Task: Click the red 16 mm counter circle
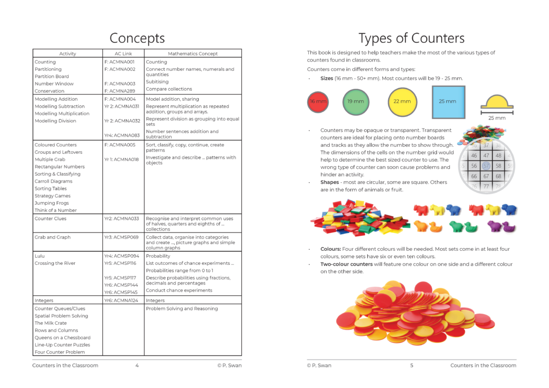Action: click(318, 101)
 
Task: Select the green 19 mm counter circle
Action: click(355, 101)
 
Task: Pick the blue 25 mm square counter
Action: click(448, 101)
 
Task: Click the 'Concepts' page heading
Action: click(137, 38)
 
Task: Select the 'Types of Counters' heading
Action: click(411, 38)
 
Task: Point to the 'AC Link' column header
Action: click(123, 54)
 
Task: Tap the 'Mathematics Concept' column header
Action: click(193, 54)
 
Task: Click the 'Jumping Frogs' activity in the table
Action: click(52, 203)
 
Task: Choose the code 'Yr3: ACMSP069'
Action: click(121, 237)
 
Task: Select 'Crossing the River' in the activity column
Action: click(55, 263)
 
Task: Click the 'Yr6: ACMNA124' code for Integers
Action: click(121, 301)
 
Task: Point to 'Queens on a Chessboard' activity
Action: click(62, 338)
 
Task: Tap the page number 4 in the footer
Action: click(137, 365)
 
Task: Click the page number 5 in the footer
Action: click(411, 365)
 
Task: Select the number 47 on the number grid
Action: click(486, 155)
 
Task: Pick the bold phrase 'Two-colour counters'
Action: click(346, 264)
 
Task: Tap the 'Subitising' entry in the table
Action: click(157, 82)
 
